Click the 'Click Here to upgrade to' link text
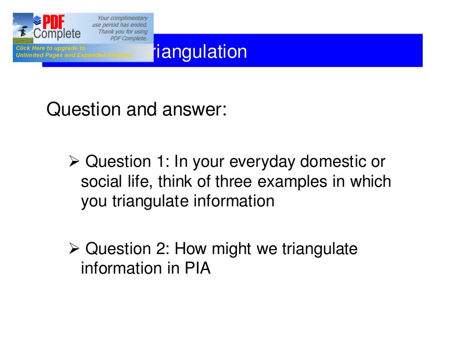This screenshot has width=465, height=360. click(50, 48)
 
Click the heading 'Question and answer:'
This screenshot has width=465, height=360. click(136, 110)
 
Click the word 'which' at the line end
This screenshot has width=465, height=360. click(370, 181)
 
